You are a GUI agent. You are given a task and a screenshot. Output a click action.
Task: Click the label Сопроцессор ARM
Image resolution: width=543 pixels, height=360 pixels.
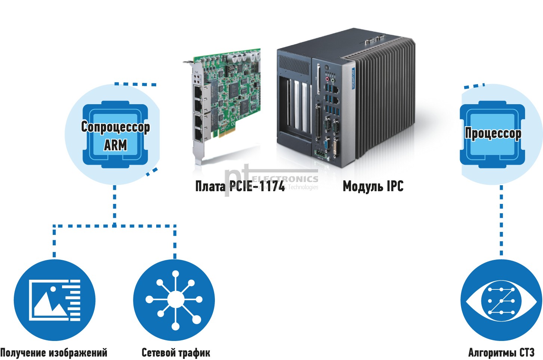click(x=115, y=135)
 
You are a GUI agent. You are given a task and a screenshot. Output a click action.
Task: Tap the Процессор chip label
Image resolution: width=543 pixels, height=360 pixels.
click(x=493, y=133)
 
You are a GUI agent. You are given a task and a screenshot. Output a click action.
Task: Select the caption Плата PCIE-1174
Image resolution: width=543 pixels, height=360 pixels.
click(x=240, y=186)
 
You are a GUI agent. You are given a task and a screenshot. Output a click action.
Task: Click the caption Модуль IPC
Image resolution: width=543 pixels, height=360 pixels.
click(x=373, y=186)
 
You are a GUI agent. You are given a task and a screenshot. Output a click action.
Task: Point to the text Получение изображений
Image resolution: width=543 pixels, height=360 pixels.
click(x=54, y=353)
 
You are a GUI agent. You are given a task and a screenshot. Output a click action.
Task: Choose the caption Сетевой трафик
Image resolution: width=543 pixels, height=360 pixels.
click(x=176, y=353)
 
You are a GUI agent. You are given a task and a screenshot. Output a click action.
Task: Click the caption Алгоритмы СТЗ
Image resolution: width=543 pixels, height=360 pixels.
click(x=501, y=353)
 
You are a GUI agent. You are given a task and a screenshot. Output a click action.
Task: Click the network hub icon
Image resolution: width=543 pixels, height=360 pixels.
click(x=174, y=300)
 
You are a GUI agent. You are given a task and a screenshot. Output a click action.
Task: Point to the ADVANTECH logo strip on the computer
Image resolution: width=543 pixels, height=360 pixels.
click(x=353, y=78)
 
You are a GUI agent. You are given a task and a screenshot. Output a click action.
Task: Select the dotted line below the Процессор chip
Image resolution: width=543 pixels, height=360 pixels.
click(x=501, y=220)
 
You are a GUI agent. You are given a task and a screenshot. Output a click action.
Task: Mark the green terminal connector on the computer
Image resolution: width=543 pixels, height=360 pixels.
click(x=320, y=153)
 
